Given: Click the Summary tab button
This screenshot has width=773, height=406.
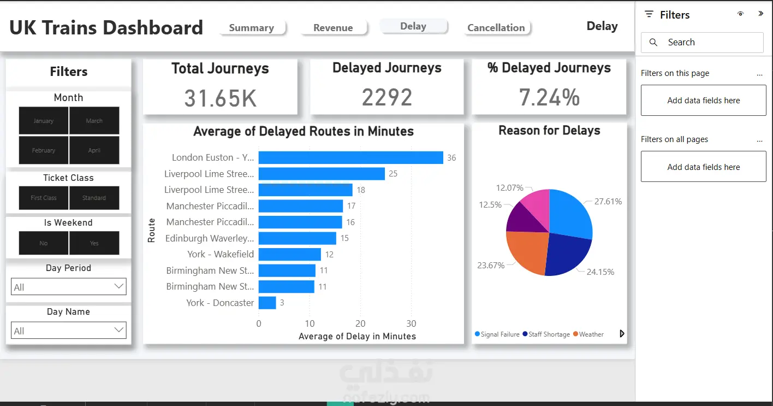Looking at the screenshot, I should pyautogui.click(x=252, y=28).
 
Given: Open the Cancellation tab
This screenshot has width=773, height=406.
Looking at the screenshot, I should pyautogui.click(x=496, y=28).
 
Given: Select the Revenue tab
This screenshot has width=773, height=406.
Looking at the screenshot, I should pyautogui.click(x=333, y=28).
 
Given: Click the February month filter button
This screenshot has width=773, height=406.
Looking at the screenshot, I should pyautogui.click(x=44, y=150).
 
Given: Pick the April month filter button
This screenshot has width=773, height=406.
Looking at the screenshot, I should pyautogui.click(x=94, y=150).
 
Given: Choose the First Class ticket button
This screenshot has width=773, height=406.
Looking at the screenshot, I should pyautogui.click(x=44, y=198).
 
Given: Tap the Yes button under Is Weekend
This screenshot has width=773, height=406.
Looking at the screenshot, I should pyautogui.click(x=94, y=243).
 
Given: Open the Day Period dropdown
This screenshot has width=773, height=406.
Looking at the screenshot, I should pyautogui.click(x=69, y=287).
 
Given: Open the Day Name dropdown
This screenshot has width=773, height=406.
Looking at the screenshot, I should pyautogui.click(x=69, y=331).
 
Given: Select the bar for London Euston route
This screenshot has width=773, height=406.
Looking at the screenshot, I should pyautogui.click(x=350, y=158).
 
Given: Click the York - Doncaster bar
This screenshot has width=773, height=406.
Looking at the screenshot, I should pyautogui.click(x=267, y=303).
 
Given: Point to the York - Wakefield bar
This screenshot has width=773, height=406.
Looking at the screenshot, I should pyautogui.click(x=289, y=254).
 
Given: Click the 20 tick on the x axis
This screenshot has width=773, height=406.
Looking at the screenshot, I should pyautogui.click(x=360, y=323).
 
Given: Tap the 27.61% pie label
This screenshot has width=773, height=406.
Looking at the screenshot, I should pyautogui.click(x=608, y=202).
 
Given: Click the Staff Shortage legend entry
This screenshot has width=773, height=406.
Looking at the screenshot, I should pyautogui.click(x=548, y=334).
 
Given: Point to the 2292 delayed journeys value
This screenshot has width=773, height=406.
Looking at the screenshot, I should pyautogui.click(x=387, y=97).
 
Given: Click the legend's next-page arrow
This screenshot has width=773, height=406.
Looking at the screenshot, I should pyautogui.click(x=622, y=334).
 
